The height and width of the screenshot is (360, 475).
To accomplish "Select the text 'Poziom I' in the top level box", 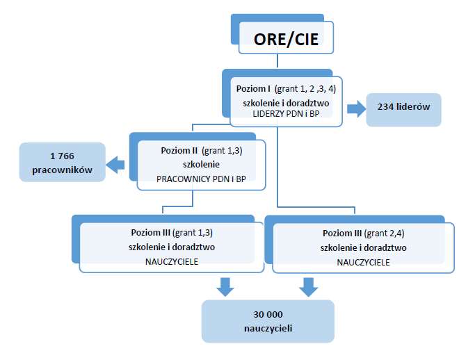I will (x=253, y=88).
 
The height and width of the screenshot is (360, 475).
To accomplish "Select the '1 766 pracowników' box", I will (x=63, y=162).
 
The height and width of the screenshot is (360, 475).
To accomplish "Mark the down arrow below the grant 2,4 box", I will (x=309, y=285).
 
